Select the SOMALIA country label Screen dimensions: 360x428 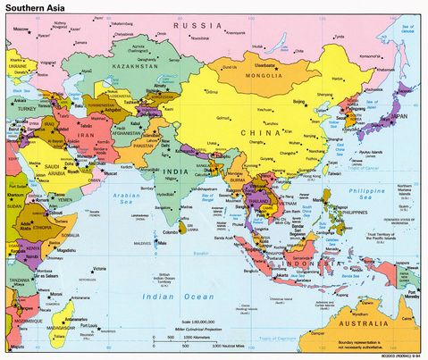click(x=66, y=233)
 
